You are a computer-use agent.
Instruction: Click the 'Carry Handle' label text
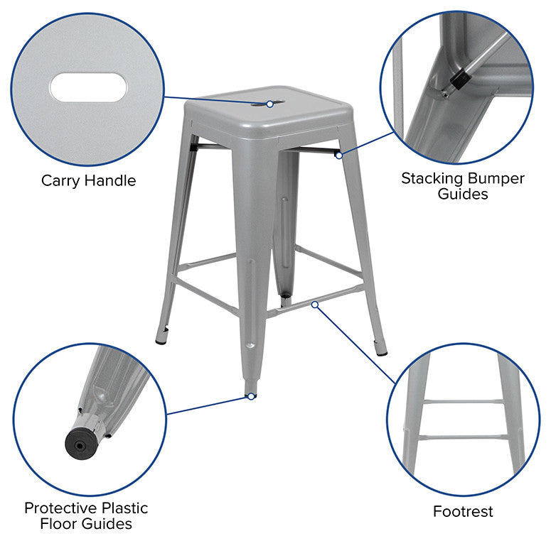point(88,180)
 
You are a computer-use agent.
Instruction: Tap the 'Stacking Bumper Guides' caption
point(462,185)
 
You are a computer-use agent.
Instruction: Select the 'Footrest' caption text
point(463,511)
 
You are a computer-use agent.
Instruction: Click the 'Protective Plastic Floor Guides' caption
point(86,516)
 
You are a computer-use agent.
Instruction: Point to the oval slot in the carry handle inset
point(88,88)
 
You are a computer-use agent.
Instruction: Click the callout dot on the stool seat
point(270,104)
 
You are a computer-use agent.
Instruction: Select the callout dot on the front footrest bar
point(315,304)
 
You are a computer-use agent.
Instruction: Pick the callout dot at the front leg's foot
point(250,396)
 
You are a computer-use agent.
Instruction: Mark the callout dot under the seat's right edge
point(339,154)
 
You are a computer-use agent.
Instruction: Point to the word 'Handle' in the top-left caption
point(110,180)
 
